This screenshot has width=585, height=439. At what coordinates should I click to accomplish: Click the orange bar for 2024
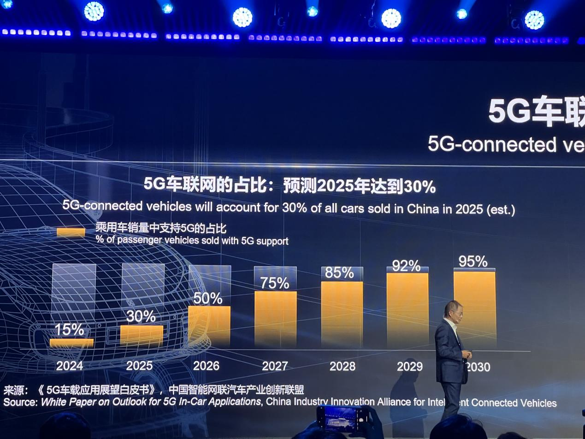pyautogui.click(x=71, y=343)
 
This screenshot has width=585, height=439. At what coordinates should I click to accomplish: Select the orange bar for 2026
pyautogui.click(x=209, y=326)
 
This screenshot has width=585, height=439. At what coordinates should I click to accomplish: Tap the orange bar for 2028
pyautogui.click(x=342, y=314)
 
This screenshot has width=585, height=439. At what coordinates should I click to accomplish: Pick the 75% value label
pyautogui.click(x=275, y=283)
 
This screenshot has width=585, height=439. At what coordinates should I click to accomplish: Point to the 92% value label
pyautogui.click(x=407, y=266)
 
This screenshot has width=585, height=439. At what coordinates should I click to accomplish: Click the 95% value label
pyautogui.click(x=473, y=261)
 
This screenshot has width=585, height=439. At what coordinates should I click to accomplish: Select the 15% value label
pyautogui.click(x=70, y=329)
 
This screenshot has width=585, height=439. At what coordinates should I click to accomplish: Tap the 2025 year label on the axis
pyautogui.click(x=139, y=366)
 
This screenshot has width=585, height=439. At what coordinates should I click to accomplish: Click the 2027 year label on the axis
pyautogui.click(x=275, y=366)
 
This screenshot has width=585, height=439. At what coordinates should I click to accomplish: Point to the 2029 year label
pyautogui.click(x=409, y=366)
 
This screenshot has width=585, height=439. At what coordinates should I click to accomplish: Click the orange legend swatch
pyautogui.click(x=71, y=232)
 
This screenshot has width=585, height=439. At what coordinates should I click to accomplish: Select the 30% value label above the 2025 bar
pyautogui.click(x=141, y=316)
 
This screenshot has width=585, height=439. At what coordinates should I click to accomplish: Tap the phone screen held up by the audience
pyautogui.click(x=343, y=419)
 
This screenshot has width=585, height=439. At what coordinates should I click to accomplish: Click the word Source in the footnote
pyautogui.click(x=20, y=402)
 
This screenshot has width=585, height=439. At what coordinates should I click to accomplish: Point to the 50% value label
pyautogui.click(x=208, y=298)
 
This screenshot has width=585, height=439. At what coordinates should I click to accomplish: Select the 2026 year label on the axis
pyautogui.click(x=206, y=366)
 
